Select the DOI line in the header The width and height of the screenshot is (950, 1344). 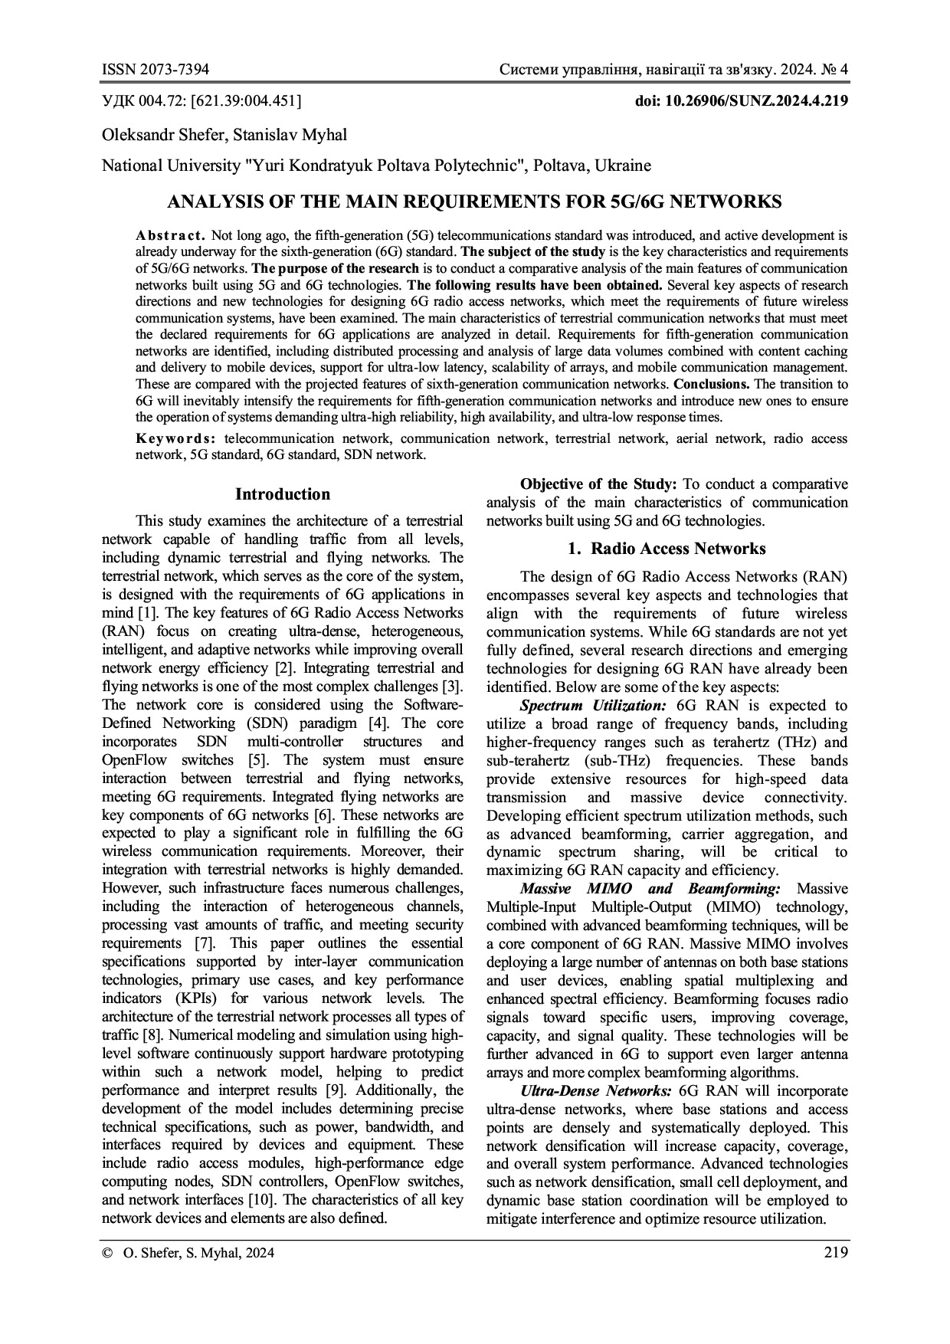[x=742, y=101]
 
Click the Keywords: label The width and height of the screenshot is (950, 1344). [x=175, y=439]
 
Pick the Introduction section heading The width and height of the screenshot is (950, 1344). [x=283, y=494]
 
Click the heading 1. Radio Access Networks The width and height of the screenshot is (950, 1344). [x=667, y=549]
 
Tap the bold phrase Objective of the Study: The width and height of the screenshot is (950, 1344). [x=598, y=484]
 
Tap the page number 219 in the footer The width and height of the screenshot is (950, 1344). [x=836, y=1253]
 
